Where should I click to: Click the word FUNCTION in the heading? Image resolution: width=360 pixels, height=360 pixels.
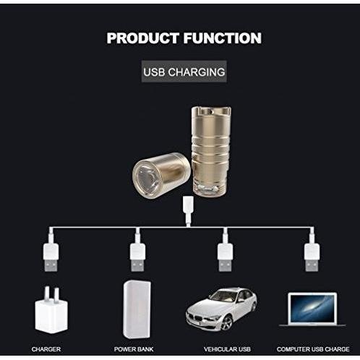[x=223, y=38]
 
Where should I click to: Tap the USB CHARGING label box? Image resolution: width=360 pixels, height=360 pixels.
[x=184, y=72]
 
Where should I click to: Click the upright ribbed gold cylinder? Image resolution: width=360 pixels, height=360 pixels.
[x=211, y=150]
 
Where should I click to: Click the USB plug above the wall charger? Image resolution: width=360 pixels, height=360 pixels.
[x=51, y=257]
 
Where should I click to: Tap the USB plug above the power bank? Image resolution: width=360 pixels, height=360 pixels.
[x=138, y=257]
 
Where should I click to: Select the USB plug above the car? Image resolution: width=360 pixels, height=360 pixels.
[x=225, y=257]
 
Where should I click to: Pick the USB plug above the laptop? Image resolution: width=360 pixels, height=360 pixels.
[x=312, y=257]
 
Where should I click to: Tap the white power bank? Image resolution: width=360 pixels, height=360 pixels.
[x=137, y=309]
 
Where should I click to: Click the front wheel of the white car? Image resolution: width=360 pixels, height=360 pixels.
[x=227, y=322]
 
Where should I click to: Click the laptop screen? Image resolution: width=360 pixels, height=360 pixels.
[x=312, y=309]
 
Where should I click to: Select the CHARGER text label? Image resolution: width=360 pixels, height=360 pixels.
[x=46, y=349]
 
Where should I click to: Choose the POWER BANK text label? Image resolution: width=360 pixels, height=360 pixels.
[x=134, y=349]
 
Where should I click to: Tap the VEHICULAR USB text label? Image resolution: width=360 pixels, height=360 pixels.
[x=227, y=349]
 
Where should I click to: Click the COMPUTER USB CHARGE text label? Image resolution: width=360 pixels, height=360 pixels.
[x=313, y=349]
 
